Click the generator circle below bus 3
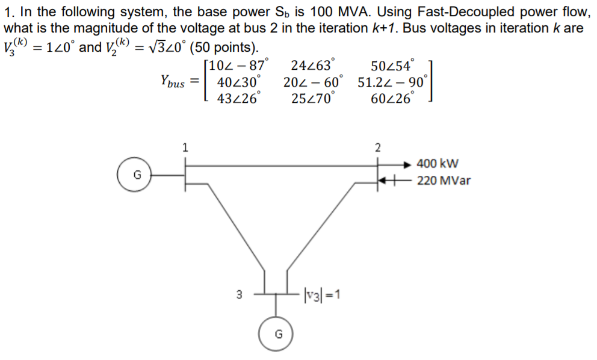(276, 334)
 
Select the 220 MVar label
(444, 179)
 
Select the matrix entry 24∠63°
(313, 66)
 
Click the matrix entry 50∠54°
(393, 66)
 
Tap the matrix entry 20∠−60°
(314, 82)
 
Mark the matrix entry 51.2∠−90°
(392, 82)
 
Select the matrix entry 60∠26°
(392, 98)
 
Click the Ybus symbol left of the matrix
(173, 81)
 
